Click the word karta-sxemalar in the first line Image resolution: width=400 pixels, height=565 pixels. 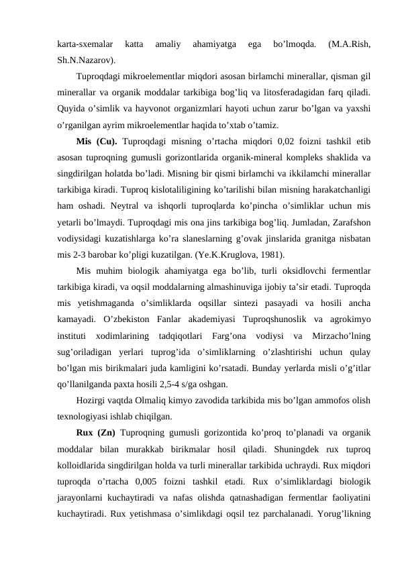(x=85, y=45)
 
